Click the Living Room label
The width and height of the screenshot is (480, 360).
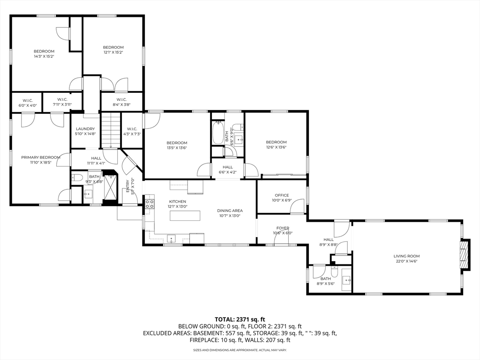(x=406, y=256)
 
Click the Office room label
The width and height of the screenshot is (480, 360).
(x=282, y=195)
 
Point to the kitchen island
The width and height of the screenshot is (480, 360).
(x=184, y=216)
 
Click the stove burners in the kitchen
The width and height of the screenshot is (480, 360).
(x=149, y=203)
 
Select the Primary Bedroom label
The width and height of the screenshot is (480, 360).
(x=40, y=157)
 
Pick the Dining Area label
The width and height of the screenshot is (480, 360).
(x=230, y=210)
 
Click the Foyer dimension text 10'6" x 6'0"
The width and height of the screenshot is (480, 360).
(x=283, y=233)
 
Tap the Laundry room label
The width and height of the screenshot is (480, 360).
(x=85, y=129)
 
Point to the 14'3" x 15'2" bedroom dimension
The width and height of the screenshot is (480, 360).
(x=44, y=56)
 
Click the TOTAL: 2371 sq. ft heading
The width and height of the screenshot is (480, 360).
(x=240, y=319)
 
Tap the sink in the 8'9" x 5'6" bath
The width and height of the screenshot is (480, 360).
(x=346, y=281)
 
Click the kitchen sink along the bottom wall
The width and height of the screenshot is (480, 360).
(x=172, y=238)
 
